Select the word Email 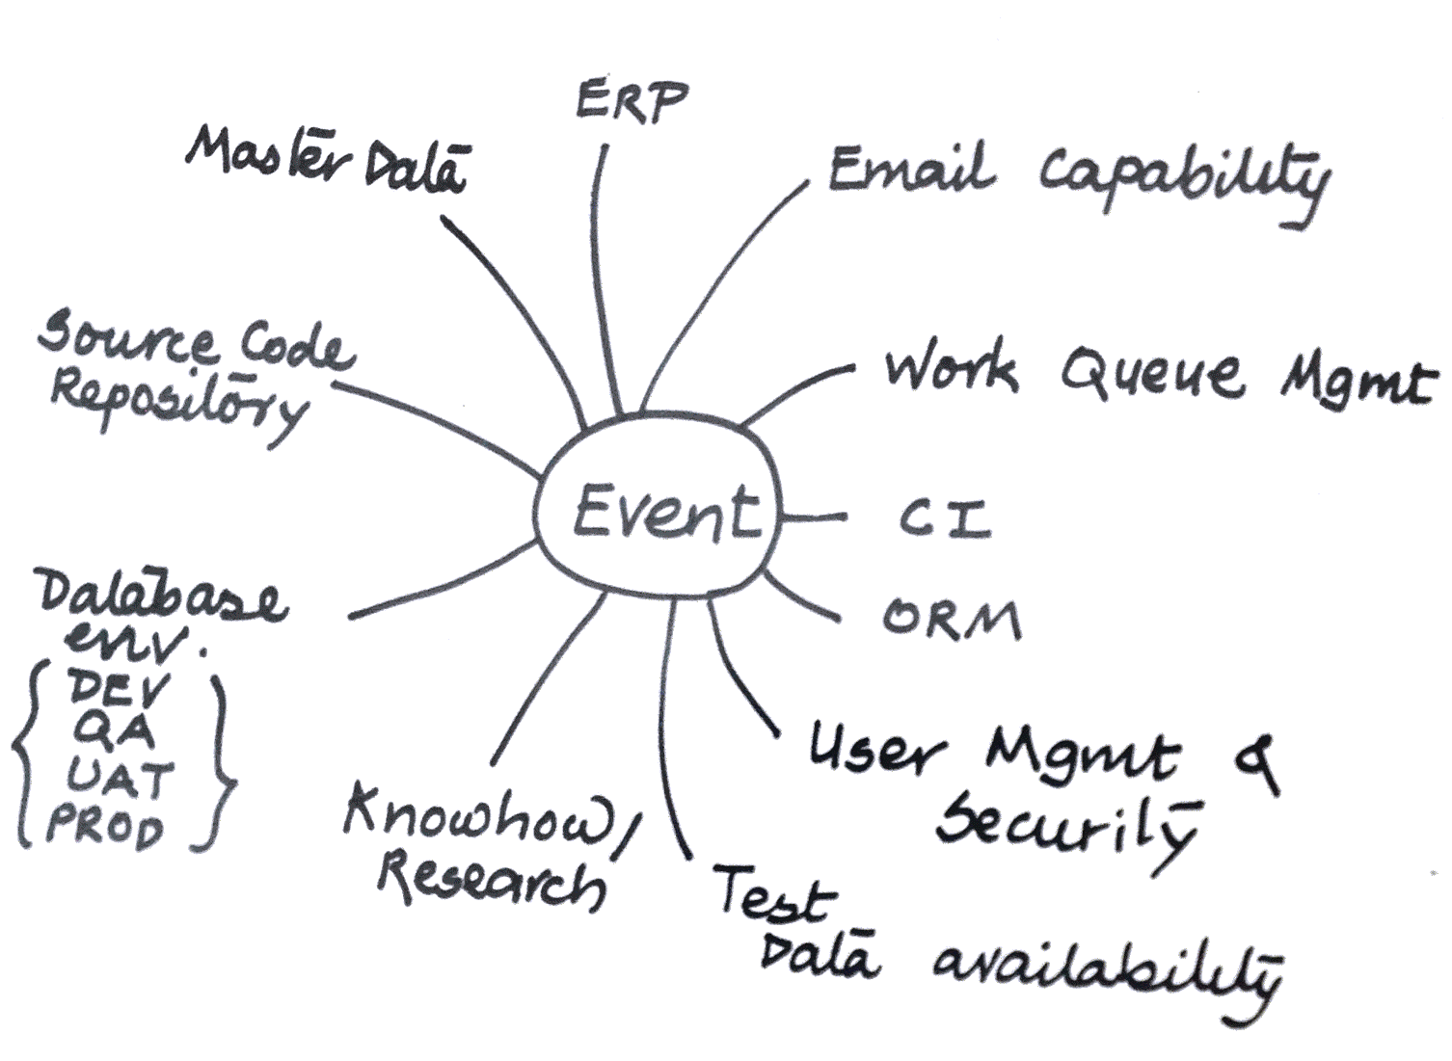pos(910,172)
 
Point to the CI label pos(945,518)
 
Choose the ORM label pos(952,621)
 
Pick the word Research pos(492,883)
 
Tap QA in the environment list pos(114,733)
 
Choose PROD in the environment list pos(106,826)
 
